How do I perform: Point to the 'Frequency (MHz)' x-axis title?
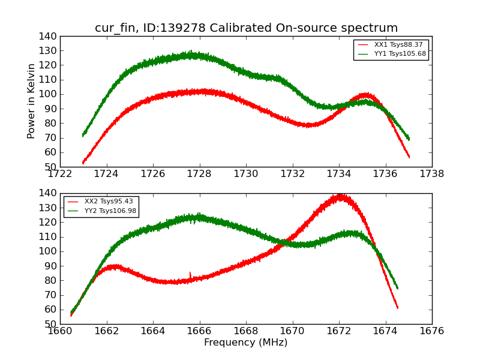[246, 343]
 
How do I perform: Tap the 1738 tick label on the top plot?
[431, 174]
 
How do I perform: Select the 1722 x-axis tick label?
[60, 174]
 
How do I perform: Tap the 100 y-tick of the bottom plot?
[48, 251]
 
